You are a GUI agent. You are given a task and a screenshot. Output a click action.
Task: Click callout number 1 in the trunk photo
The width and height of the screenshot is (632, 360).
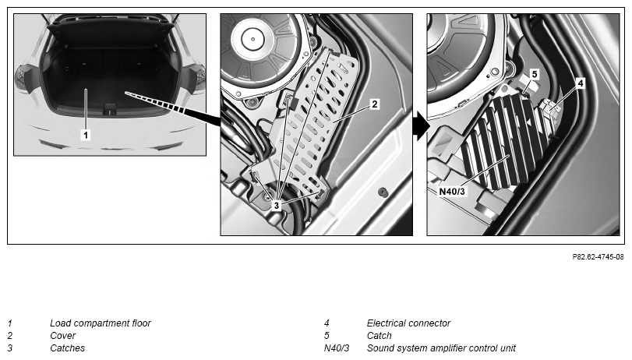coord(86,135)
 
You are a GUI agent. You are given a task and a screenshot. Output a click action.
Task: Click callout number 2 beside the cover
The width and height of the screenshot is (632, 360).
coord(374,104)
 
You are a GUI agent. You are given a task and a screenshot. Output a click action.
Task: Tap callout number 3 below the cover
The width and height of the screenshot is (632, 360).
coord(277,205)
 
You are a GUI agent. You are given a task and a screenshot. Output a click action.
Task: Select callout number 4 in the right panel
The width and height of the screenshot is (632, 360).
coord(581,83)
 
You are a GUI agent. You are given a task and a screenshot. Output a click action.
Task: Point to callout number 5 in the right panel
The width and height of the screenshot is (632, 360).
coord(535,74)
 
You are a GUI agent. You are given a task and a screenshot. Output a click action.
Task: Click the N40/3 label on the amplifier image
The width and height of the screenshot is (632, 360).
coord(452,191)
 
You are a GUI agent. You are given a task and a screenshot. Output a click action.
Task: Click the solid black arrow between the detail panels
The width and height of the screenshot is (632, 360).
coord(422,126)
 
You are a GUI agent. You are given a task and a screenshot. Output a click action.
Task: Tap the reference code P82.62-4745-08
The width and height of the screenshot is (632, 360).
coord(598,257)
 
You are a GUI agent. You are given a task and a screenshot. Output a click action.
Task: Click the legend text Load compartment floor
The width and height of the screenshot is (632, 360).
coord(101,323)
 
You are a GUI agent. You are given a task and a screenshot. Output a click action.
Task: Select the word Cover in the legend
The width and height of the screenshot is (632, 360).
coord(63,335)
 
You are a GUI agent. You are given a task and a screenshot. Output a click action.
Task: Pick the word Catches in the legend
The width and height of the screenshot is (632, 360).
coord(67,348)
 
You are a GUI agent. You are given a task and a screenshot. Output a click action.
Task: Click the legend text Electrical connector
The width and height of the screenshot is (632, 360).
coord(408,323)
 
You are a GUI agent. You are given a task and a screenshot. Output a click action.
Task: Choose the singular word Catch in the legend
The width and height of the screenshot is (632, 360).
coord(379,335)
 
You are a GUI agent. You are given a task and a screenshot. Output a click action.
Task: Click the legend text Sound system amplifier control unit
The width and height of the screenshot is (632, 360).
coord(441,348)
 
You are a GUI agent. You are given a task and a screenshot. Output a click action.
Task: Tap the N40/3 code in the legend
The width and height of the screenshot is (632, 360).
coord(337,348)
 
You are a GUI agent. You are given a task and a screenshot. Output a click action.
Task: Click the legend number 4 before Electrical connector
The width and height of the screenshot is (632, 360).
coord(327,323)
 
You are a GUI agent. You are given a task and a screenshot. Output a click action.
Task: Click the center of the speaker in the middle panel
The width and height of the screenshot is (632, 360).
coord(253,39)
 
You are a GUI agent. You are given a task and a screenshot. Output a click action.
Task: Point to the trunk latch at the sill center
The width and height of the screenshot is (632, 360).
coord(110,109)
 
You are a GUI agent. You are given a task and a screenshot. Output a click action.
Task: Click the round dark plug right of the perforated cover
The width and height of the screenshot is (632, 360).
coord(383,192)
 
